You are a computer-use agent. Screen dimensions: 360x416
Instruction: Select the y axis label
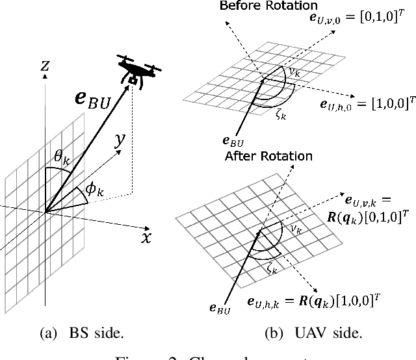pyautogui.click(x=120, y=140)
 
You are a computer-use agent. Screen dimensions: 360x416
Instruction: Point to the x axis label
pyautogui.click(x=146, y=237)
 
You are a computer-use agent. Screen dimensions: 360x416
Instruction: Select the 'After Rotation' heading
pyautogui.click(x=268, y=157)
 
